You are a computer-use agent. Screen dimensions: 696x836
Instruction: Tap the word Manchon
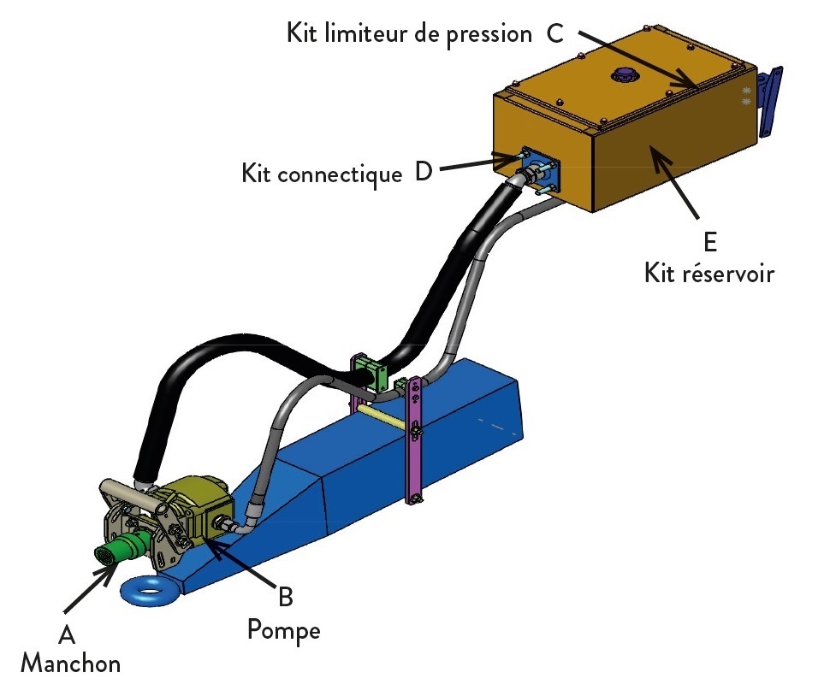[70, 664]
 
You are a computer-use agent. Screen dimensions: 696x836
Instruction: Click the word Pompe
[284, 630]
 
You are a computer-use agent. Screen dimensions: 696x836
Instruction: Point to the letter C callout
[554, 33]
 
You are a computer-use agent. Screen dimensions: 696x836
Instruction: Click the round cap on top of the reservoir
[625, 74]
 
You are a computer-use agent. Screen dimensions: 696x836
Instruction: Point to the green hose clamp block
[371, 373]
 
